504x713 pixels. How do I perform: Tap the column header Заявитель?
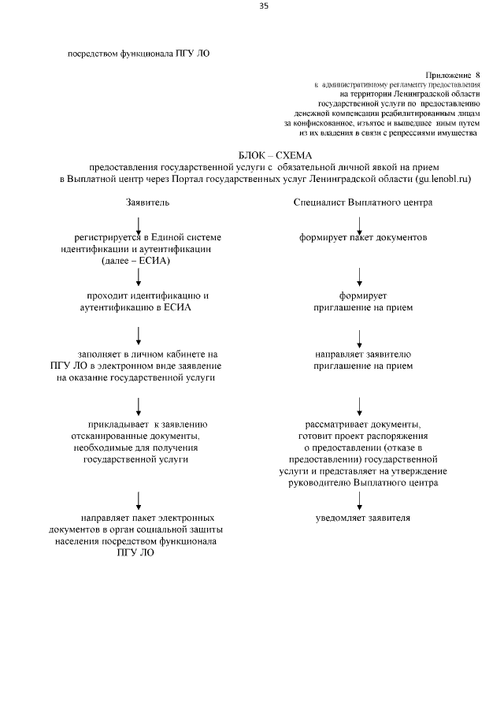(147, 202)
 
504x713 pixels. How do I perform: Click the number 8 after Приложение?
(476, 72)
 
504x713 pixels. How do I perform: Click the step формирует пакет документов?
(362, 237)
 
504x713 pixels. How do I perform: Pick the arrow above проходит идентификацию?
(139, 276)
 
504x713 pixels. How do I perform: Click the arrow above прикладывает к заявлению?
(139, 405)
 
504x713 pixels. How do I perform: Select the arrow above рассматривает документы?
(360, 405)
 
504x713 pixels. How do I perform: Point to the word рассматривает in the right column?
(336, 423)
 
